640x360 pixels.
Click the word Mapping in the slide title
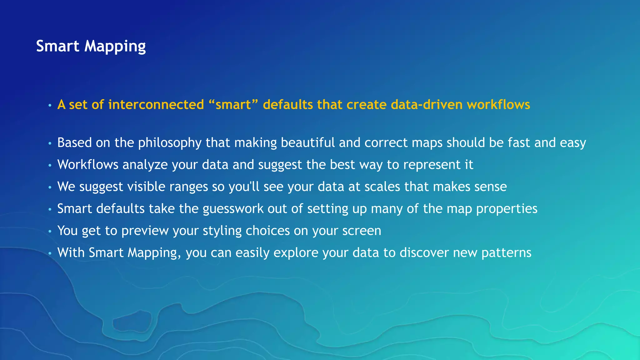115,47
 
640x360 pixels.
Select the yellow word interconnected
156,105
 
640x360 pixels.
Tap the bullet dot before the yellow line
50,106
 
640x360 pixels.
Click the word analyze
145,165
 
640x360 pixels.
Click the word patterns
506,253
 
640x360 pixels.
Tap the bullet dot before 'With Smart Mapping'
50,254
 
